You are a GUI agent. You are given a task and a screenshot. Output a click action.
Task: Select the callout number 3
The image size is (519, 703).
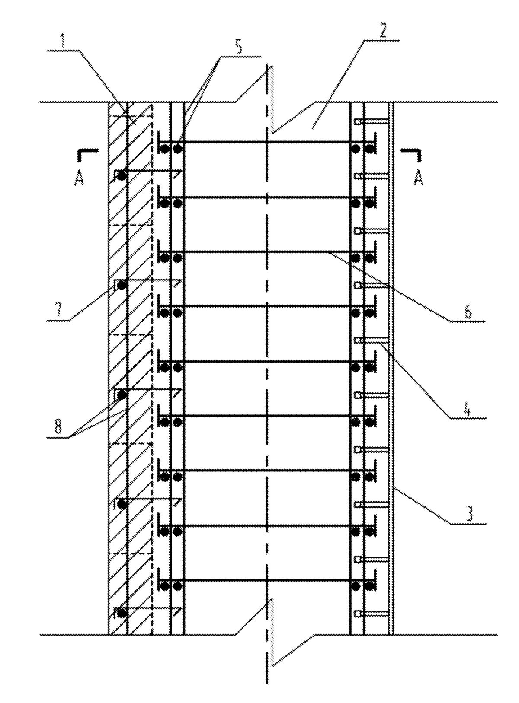(x=470, y=515)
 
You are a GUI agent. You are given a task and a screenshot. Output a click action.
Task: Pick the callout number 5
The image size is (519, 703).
(x=240, y=48)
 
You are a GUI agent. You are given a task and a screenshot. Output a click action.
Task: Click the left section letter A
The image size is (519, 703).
(x=80, y=178)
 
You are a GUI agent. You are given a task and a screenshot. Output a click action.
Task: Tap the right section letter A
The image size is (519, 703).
(x=419, y=178)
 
